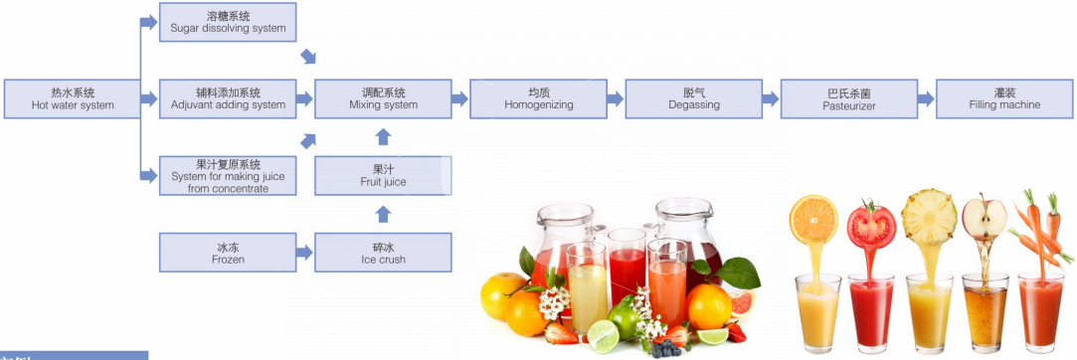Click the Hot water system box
click(x=73, y=98)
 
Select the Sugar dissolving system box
click(x=228, y=22)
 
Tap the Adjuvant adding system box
click(x=228, y=98)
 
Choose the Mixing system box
click(x=383, y=98)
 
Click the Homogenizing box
click(x=539, y=98)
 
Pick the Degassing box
click(x=694, y=98)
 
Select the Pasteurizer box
click(x=849, y=98)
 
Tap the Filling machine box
click(x=1004, y=98)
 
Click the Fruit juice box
click(x=383, y=176)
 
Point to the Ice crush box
click(x=383, y=253)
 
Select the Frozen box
click(x=228, y=253)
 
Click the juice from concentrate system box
click(x=228, y=176)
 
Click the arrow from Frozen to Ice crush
click(x=305, y=253)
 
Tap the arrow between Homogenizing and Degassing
click(x=616, y=98)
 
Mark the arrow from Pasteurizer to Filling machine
click(x=927, y=98)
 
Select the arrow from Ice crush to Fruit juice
click(x=383, y=215)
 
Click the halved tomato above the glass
click(x=871, y=224)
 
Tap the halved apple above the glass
click(x=984, y=218)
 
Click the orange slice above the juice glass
click(x=813, y=219)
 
